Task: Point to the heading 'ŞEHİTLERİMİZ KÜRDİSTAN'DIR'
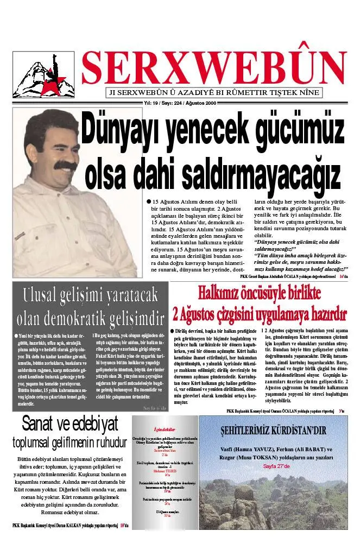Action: (273, 431)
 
